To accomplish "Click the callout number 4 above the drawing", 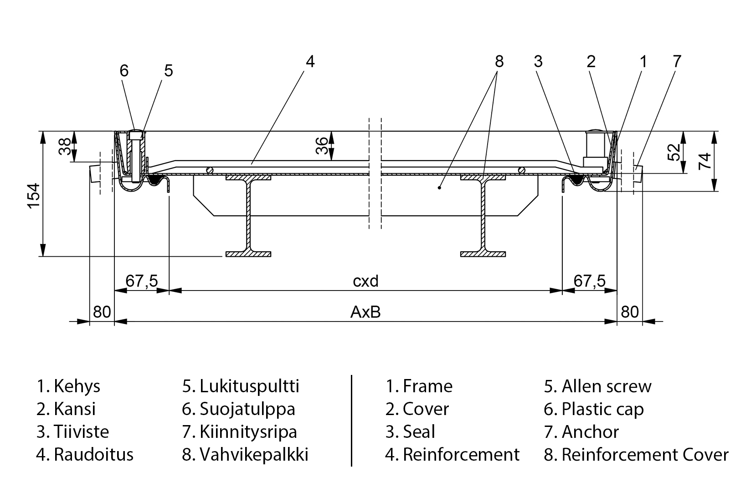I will [310, 61].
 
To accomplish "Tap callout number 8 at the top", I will [499, 61].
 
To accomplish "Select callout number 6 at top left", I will [124, 71].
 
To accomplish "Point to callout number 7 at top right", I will [677, 61].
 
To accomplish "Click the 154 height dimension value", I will [34, 195].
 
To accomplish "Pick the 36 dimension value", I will [322, 145].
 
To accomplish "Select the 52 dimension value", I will [674, 152].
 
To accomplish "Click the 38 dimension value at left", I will [65, 147].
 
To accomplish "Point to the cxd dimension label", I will [365, 281].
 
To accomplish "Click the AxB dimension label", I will [365, 312].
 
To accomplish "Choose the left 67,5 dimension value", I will [142, 281].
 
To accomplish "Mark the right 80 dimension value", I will [630, 312].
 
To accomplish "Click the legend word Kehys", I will [77, 386].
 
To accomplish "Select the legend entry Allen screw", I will [606, 386].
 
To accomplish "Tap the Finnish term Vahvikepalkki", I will [254, 454].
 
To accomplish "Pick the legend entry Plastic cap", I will [602, 409].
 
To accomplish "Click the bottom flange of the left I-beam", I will [248, 254].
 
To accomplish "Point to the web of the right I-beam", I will [483, 214].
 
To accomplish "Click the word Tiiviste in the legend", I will [81, 431].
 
